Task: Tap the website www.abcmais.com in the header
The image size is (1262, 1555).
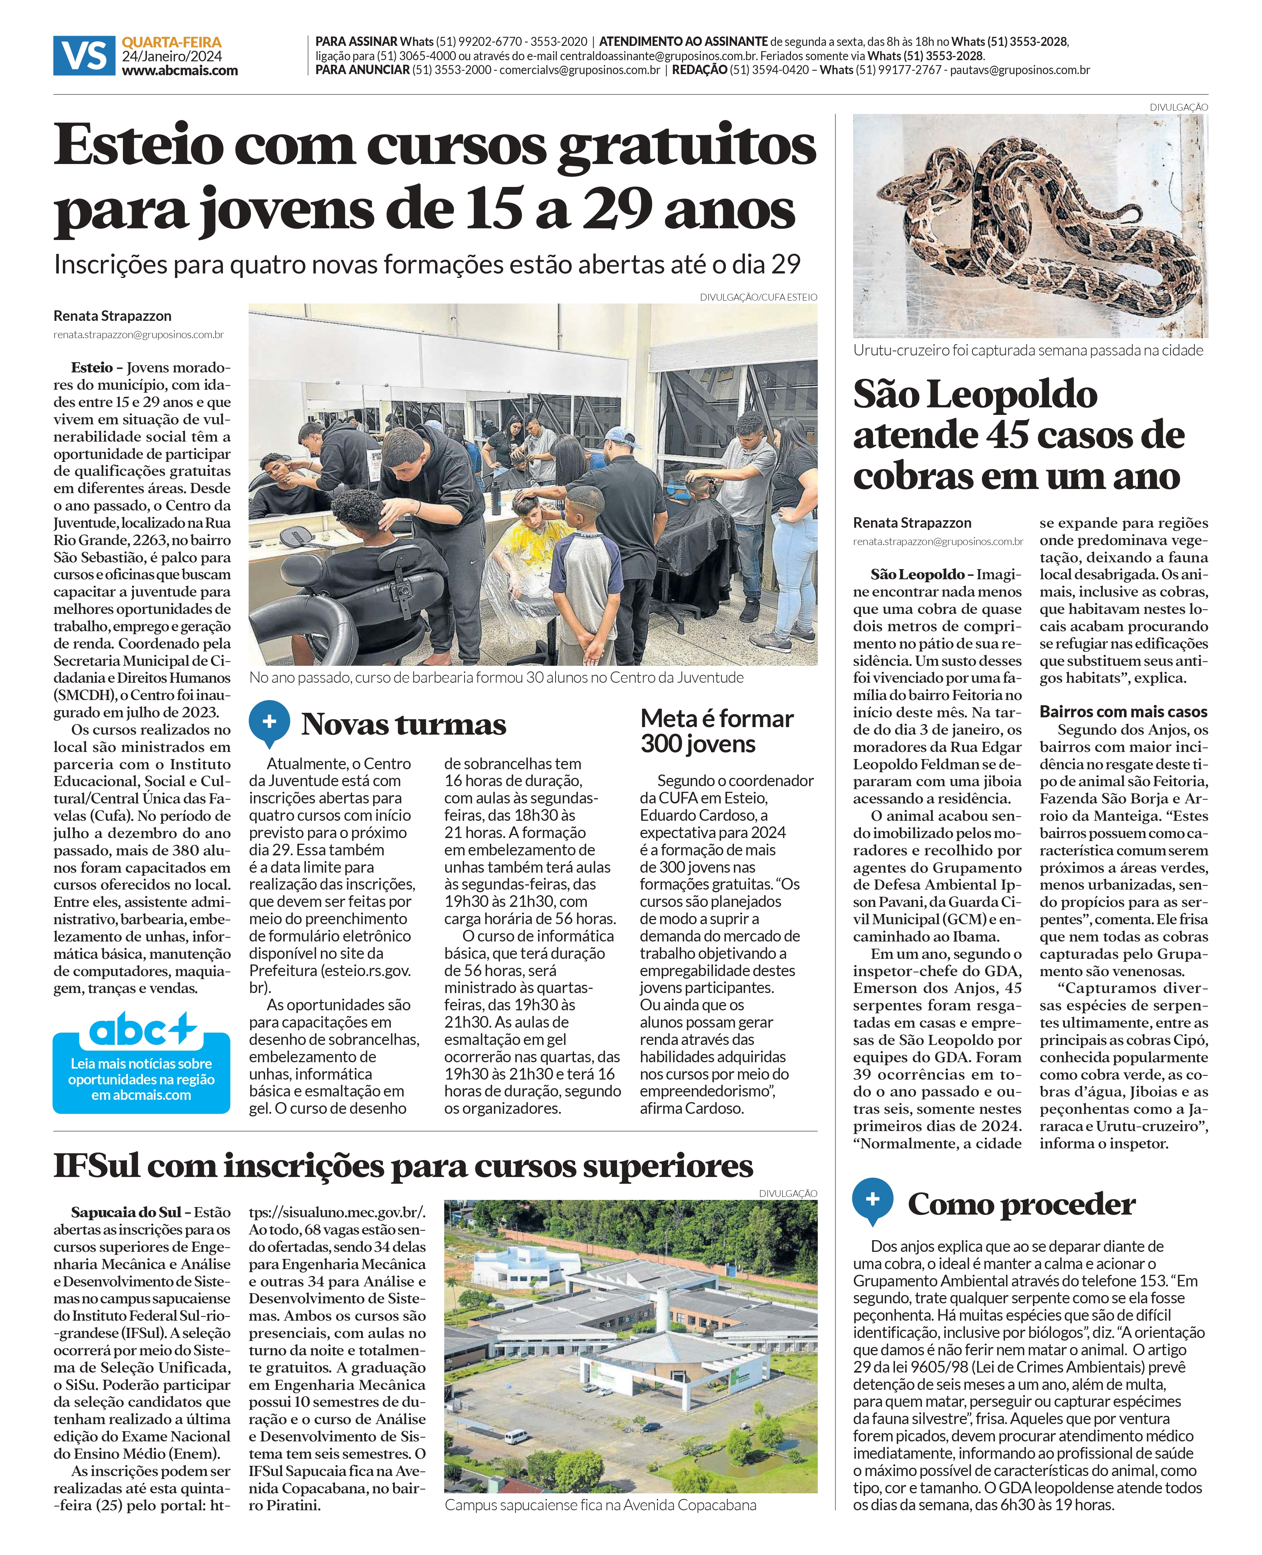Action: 179,70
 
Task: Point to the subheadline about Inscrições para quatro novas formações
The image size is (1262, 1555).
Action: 427,264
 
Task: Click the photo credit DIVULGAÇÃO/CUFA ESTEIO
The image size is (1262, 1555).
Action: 758,297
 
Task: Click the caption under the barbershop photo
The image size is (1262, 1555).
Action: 496,677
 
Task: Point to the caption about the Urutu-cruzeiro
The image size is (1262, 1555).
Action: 1028,351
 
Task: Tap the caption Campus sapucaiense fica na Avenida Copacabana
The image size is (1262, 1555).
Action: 600,1505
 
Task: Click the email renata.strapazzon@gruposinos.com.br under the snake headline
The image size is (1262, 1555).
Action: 938,542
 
